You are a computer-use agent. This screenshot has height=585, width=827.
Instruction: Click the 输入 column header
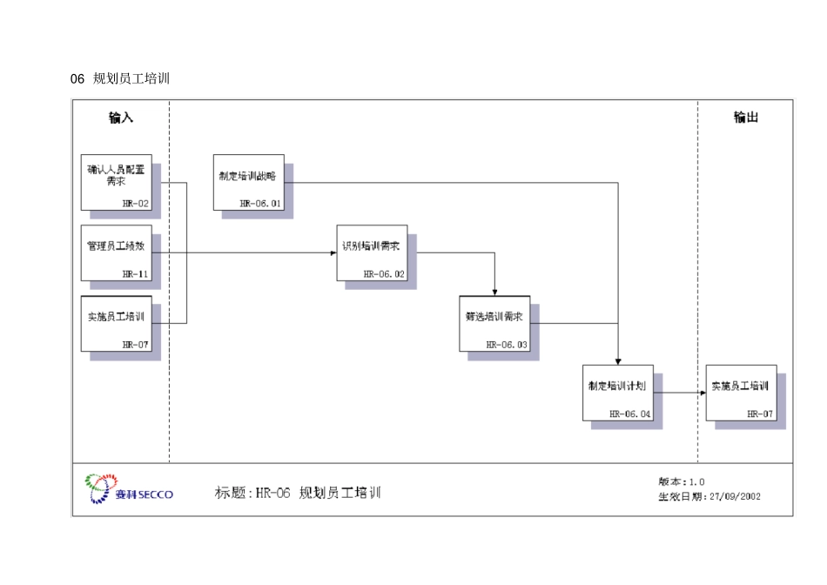tap(121, 118)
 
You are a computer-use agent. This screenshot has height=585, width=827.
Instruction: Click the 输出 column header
tap(746, 118)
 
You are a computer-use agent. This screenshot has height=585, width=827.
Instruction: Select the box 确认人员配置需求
tap(116, 181)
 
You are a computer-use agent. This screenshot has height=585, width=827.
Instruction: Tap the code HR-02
tap(136, 203)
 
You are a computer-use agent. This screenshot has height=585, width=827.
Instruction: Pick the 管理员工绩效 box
tap(116, 252)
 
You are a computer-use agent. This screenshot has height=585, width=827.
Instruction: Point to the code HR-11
tap(136, 273)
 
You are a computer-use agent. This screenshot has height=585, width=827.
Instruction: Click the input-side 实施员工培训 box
tap(116, 323)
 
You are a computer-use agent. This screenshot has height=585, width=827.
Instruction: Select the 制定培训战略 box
tap(248, 181)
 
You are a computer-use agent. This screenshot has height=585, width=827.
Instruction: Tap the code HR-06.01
tap(261, 203)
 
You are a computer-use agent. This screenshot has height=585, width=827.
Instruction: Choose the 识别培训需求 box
tap(372, 252)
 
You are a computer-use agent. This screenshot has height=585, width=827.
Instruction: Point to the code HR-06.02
tap(385, 273)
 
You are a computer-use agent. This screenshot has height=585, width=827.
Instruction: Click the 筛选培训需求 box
tap(494, 323)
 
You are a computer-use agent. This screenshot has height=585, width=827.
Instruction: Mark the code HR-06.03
tap(508, 345)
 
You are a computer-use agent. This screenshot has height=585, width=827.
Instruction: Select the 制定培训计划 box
tap(617, 393)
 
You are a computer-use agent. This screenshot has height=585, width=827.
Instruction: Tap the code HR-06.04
tap(630, 414)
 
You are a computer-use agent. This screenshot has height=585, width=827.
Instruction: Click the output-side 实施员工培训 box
tap(741, 393)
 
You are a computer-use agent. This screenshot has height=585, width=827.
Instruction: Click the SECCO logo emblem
tap(99, 487)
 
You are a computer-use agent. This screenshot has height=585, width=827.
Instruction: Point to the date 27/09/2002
tap(736, 496)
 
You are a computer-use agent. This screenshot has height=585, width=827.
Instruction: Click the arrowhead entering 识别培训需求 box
tap(333, 253)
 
